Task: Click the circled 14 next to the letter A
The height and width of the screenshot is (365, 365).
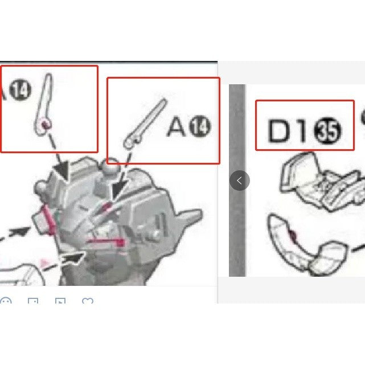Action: click(x=199, y=126)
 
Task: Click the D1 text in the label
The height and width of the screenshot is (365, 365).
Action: click(x=288, y=132)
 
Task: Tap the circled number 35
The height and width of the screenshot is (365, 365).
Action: click(x=329, y=132)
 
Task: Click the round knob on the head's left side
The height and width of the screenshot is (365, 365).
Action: click(x=41, y=187)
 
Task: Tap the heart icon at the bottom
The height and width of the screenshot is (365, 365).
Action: click(x=87, y=301)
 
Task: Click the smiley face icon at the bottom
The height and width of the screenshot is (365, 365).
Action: click(x=6, y=301)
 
